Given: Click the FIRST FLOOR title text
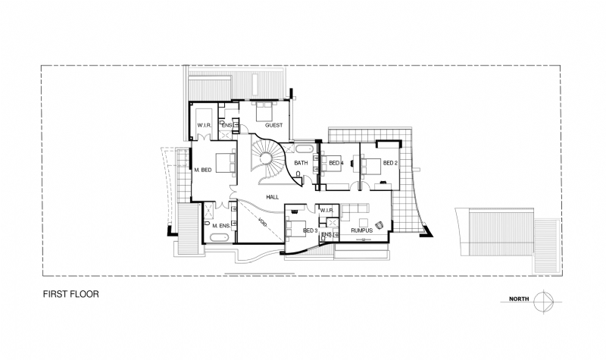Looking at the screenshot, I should coord(70,293).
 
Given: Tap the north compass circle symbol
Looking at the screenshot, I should coord(542,300).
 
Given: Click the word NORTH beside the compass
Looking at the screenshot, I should coord(518,300).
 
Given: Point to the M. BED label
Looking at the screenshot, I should coord(201,170).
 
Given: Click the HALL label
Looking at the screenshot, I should coord(273,197).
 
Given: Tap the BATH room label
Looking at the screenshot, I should coord(300,163).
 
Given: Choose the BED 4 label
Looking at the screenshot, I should coord(335,163).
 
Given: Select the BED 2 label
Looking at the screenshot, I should coord(389,163).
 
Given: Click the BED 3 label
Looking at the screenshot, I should coord(310,230).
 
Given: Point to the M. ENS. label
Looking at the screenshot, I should coord(220,226).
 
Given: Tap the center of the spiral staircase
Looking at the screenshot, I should coord(267,158).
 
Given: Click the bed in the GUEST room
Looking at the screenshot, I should coord(261,112).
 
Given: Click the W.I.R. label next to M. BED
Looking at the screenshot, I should coord(204,125).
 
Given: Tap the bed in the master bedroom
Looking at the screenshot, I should coord(225,164).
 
